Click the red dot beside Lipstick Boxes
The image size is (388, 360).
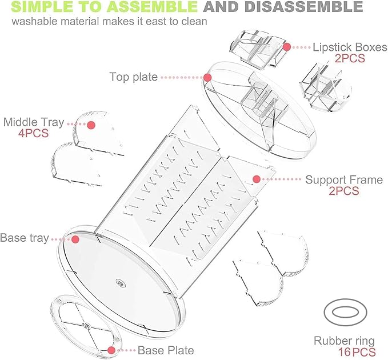tap(286, 47)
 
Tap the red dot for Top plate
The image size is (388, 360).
tap(207, 78)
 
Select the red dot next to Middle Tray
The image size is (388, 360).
tap(91, 125)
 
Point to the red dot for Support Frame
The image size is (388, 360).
tap(257, 179)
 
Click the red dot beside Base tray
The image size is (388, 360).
tap(75, 239)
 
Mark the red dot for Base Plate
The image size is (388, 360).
tap(111, 350)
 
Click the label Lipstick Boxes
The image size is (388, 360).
tap(350, 47)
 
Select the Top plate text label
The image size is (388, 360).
tap(133, 77)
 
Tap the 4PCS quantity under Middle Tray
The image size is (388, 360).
tap(33, 133)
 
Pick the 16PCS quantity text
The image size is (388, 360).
tap(357, 352)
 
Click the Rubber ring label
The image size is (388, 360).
tap(344, 341)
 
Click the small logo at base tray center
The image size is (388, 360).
tap(121, 283)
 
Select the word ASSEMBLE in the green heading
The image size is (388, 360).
tap(152, 6)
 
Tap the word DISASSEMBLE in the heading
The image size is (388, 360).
tap(303, 6)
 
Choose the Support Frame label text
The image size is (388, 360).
tap(344, 180)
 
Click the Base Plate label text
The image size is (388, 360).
tap(166, 350)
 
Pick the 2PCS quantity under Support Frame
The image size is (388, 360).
tap(343, 191)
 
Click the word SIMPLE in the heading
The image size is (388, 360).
tap(42, 6)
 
